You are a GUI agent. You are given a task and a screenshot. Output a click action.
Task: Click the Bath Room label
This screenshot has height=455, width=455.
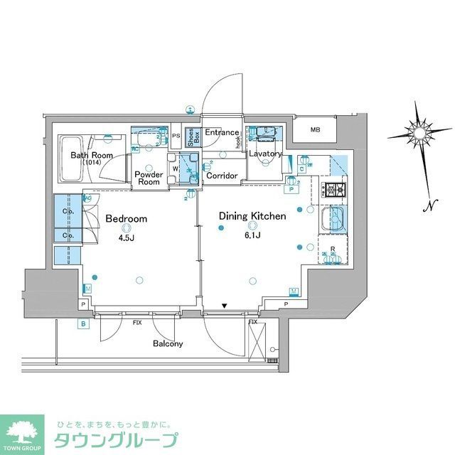click(92, 155)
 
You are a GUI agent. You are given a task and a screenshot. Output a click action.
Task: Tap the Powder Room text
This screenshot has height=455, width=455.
click(149, 178)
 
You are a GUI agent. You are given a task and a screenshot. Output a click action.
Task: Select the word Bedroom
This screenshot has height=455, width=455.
click(127, 218)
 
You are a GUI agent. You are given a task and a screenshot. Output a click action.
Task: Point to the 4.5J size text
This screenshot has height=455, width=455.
click(127, 238)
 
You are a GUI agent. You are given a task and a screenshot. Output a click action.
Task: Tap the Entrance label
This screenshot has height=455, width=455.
click(222, 133)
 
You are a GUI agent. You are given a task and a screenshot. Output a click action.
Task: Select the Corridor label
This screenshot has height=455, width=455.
click(221, 175)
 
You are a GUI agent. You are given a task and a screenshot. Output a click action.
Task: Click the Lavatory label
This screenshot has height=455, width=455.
click(265, 154)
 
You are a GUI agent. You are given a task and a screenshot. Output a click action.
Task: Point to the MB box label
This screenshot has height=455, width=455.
click(315, 129)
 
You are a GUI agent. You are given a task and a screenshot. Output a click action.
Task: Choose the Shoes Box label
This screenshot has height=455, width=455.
click(191, 136)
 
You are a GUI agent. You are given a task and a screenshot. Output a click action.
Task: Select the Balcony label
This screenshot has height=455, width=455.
click(168, 343)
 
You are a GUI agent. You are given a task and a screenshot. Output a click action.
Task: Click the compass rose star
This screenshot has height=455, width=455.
click(422, 132)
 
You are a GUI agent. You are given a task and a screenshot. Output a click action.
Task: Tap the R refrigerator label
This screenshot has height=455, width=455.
click(332, 250)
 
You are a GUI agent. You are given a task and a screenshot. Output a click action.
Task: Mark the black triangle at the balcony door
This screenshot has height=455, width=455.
click(225, 306)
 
